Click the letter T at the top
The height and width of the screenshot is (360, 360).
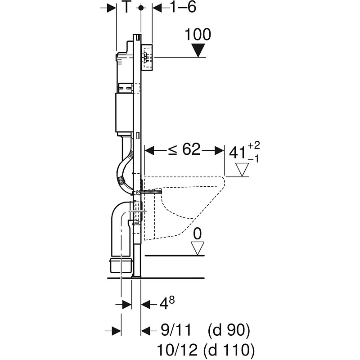(128, 8)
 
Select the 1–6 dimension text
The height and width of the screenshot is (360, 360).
(183, 8)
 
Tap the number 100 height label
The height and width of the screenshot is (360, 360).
(198, 35)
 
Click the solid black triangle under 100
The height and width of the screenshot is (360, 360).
(198, 50)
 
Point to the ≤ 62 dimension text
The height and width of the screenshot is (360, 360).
(184, 149)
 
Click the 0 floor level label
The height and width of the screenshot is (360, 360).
(197, 234)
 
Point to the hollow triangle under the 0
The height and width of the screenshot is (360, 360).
(197, 247)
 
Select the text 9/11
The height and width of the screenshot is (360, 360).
(176, 331)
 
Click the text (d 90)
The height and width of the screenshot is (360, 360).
(229, 331)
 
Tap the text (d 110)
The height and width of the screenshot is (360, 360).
(229, 349)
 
